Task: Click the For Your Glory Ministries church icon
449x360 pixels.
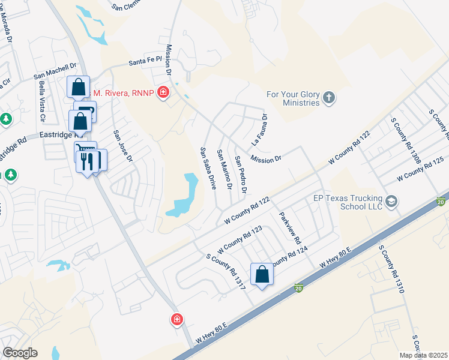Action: [x=328, y=97]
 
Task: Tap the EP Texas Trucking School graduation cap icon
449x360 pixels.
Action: [x=392, y=200]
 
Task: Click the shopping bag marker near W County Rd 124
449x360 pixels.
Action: [x=262, y=275]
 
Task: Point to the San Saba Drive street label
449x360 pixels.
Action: [x=208, y=169]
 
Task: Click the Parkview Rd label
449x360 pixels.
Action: [x=289, y=227]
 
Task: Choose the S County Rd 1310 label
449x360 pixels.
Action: [x=391, y=268]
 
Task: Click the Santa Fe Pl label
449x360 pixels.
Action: [x=146, y=61]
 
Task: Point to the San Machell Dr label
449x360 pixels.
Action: [x=56, y=71]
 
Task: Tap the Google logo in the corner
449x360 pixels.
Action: [x=20, y=353]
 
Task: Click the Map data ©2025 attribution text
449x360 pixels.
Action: [x=423, y=355]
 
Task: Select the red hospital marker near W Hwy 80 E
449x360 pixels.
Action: [x=176, y=319]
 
